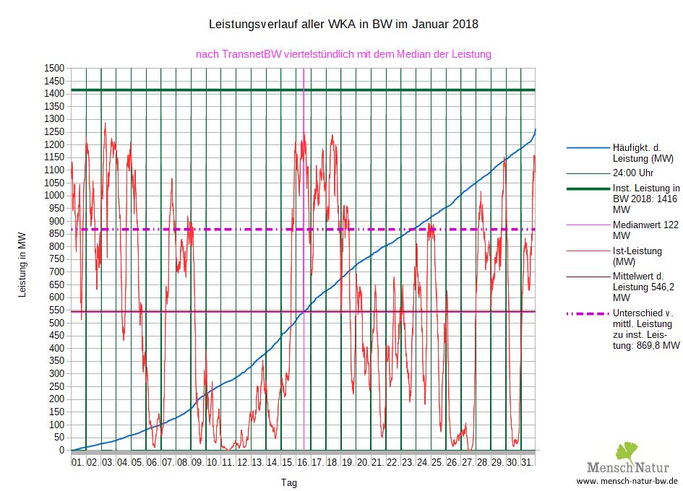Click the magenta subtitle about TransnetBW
(x=343, y=54)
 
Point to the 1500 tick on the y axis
(x=54, y=68)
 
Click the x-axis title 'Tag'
(x=289, y=482)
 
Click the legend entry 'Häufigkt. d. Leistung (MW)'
(x=643, y=152)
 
